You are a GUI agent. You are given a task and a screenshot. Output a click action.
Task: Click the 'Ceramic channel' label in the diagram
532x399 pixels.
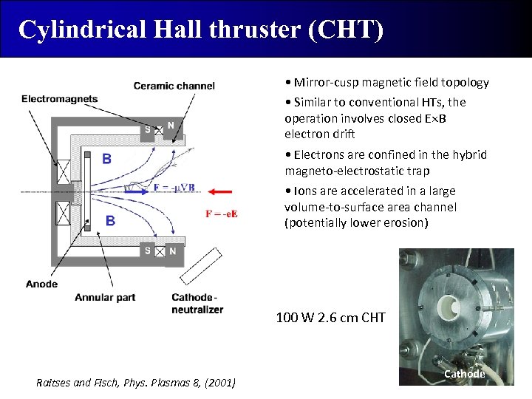pyautogui.click(x=174, y=86)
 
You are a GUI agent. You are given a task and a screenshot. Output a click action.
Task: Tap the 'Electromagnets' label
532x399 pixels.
pyautogui.click(x=60, y=99)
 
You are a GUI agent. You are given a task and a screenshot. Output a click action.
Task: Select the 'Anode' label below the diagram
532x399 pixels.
pyautogui.click(x=41, y=284)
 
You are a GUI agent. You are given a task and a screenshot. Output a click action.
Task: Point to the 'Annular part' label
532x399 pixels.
pyautogui.click(x=105, y=297)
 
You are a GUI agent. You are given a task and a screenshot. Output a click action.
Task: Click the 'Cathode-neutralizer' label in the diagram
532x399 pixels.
pyautogui.click(x=197, y=304)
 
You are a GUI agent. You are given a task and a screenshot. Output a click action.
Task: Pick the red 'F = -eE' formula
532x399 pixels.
pyautogui.click(x=222, y=214)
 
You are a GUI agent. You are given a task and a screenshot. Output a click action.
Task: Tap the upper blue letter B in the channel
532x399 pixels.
pyautogui.click(x=107, y=158)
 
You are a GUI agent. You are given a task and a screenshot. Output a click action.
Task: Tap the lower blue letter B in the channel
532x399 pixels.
pyautogui.click(x=110, y=220)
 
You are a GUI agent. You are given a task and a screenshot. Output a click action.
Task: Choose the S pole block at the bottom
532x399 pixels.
pyautogui.click(x=148, y=250)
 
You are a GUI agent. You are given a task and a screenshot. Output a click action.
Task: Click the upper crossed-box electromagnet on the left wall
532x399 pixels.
pyautogui.click(x=64, y=171)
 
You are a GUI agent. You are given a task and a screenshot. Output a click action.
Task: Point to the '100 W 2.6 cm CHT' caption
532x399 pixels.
pyautogui.click(x=330, y=318)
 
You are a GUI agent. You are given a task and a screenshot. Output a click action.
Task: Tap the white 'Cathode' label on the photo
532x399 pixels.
pyautogui.click(x=464, y=374)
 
